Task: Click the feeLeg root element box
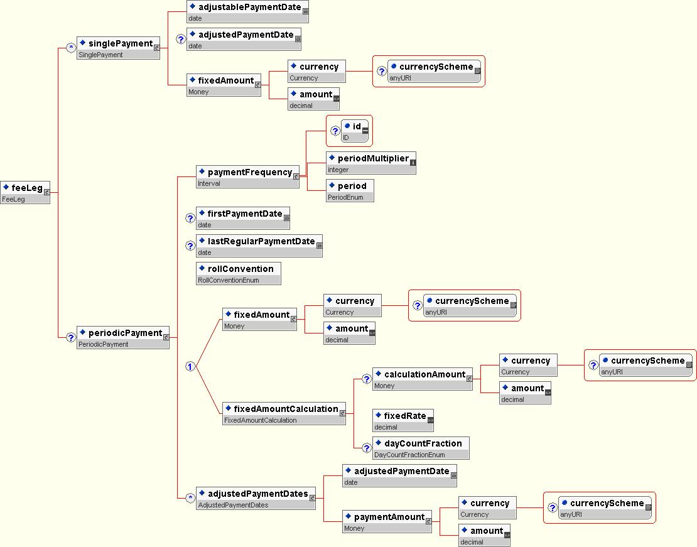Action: pos(25,193)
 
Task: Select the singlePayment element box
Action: pos(118,48)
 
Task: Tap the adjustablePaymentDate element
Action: pos(247,11)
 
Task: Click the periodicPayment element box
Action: pos(123,337)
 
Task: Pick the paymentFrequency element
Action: pos(248,176)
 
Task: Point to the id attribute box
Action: pos(355,131)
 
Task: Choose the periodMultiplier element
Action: pos(371,163)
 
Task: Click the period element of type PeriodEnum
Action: pos(350,190)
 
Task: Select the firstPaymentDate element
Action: pos(243,218)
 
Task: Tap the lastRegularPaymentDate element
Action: pos(259,246)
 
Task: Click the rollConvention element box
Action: pos(239,273)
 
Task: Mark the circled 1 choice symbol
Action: pos(190,366)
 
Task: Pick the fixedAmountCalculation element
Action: pos(284,413)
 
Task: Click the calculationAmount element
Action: pos(423,379)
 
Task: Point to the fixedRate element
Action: pos(403,420)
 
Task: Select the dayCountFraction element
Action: pos(421,448)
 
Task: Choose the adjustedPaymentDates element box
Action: pos(256,498)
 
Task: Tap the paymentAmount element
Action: pos(387,521)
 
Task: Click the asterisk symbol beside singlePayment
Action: pos(71,48)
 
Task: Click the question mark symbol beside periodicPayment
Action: pos(71,337)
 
